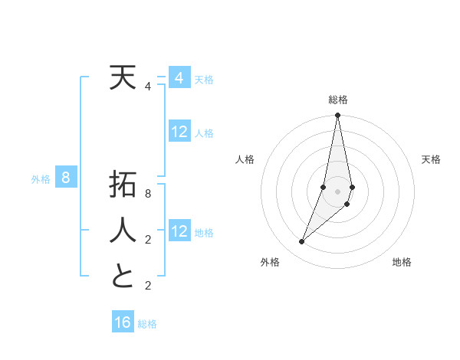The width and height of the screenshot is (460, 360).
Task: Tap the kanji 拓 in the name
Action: point(123,187)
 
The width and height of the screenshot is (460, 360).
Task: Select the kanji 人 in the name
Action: point(123,230)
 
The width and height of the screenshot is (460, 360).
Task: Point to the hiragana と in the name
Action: point(123,276)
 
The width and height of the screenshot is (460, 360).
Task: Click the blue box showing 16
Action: point(123,322)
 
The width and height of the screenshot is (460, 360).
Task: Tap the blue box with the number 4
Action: point(179,78)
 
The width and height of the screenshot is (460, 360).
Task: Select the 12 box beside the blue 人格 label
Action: point(179,132)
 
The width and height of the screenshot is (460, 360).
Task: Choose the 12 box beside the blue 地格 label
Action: point(179,231)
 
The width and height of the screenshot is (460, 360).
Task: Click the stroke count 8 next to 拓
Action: point(148,194)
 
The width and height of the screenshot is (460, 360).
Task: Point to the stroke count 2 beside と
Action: point(148,286)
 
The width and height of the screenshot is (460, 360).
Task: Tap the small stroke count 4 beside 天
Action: point(148,87)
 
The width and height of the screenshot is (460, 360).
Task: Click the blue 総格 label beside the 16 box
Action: point(147,324)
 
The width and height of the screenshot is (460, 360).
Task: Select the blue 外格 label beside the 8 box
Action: point(41,180)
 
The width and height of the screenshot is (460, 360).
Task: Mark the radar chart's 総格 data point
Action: point(337,116)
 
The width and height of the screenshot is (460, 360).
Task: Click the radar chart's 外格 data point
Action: point(301,242)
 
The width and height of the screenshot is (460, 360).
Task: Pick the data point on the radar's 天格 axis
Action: point(352,187)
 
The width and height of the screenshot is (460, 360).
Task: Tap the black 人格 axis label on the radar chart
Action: point(245,159)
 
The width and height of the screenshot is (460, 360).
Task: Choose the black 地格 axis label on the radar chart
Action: point(402,263)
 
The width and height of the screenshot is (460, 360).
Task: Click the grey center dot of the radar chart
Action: point(337,191)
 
